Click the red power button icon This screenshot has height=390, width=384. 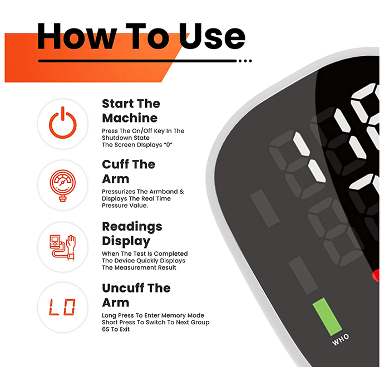pos(62,124)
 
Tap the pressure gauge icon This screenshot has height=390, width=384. pos(62,186)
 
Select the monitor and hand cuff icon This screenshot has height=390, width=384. pos(62,247)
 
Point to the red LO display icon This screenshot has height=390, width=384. pos(62,307)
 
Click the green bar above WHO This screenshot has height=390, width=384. pos(327,316)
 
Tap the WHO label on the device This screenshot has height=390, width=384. pos(341,339)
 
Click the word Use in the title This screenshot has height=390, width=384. pos(212,37)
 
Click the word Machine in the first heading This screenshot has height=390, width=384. pos(130,118)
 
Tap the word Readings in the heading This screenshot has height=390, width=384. pos(132,227)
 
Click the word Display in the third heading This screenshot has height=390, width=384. pos(126,241)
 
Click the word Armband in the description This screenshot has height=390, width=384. pos(157,192)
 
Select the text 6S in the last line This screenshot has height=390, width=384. pos(105,329)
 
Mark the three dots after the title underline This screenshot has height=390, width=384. pos(245,61)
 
